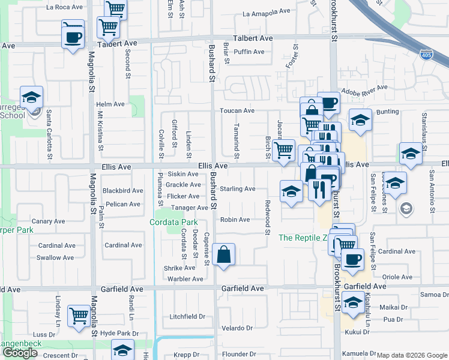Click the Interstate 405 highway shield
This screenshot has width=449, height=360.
click(x=426, y=54)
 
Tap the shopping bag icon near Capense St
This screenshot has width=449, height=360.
click(x=223, y=254)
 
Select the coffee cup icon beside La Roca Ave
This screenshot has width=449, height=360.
click(x=73, y=37)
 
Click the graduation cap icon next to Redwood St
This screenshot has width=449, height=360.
click(x=291, y=192)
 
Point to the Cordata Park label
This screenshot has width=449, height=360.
click(x=173, y=223)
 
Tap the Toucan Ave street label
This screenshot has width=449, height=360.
click(x=237, y=111)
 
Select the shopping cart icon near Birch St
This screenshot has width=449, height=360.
click(x=283, y=150)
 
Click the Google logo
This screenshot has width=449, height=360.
click(x=20, y=353)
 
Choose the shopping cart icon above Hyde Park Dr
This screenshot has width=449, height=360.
click(x=79, y=316)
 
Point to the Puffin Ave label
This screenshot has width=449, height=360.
click(x=249, y=52)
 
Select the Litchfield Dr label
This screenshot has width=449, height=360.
click(x=187, y=317)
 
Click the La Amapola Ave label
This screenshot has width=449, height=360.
click(x=266, y=13)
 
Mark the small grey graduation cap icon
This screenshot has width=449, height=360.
click(x=406, y=208)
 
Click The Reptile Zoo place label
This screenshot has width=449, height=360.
click(x=303, y=238)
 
